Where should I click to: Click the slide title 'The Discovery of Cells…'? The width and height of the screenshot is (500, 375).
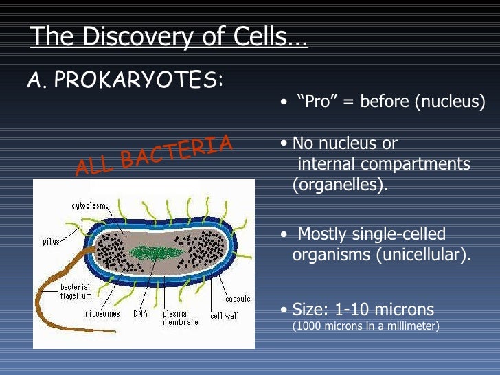point(169,37)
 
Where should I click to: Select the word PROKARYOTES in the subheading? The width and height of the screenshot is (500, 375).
point(135,81)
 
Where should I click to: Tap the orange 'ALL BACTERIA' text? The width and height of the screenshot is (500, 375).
point(155,155)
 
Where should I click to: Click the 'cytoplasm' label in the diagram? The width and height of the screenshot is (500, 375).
point(89,205)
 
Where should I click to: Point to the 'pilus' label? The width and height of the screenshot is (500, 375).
point(50,241)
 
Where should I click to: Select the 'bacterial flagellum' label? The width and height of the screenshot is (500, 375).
point(76,291)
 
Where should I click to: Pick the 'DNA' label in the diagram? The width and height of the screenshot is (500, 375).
point(140,314)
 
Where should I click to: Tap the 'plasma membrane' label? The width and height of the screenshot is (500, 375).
point(180,317)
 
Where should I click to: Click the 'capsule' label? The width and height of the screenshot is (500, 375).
point(238,299)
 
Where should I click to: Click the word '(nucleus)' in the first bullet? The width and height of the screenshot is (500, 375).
point(449,102)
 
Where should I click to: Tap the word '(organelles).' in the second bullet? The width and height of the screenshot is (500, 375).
point(340,185)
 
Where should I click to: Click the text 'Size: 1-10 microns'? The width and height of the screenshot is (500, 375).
point(363,308)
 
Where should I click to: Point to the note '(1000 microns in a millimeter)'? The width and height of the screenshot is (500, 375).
point(365,326)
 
